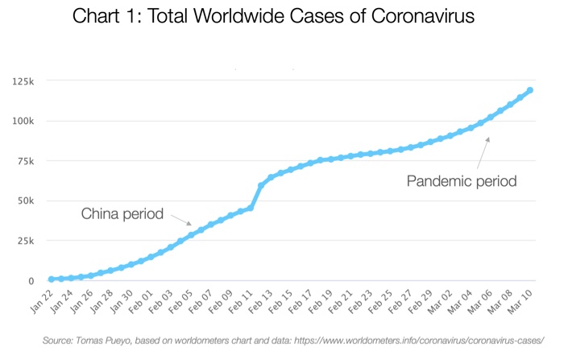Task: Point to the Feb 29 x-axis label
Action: [424, 303]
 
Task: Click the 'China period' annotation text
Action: [122, 214]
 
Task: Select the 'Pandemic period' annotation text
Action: [462, 181]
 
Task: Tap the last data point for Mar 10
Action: [530, 90]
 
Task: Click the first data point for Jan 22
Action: [51, 279]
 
